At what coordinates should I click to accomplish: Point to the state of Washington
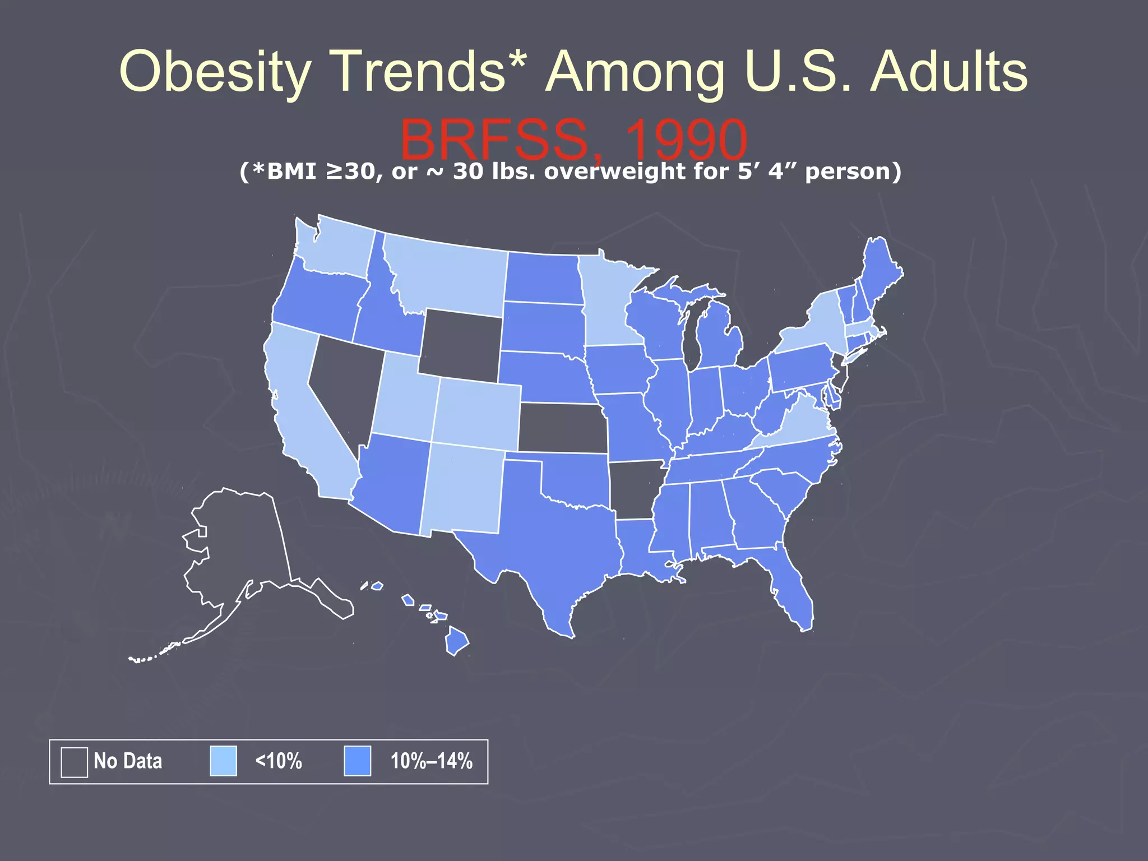point(336,247)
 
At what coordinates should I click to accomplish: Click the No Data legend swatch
point(74,762)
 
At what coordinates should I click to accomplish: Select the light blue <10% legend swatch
point(223,761)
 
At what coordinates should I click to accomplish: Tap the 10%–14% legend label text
point(431,761)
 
